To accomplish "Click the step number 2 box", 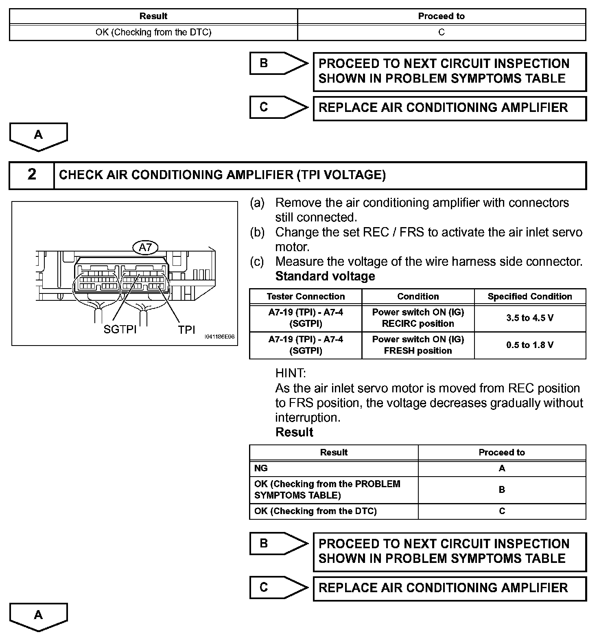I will tap(32, 175).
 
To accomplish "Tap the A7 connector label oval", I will tap(145, 247).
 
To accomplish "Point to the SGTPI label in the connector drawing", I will tap(120, 329).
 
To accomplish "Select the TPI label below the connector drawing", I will tap(186, 329).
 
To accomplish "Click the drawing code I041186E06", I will tap(220, 337).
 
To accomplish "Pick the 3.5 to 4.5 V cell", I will tap(530, 318).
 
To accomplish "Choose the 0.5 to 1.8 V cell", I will tap(530, 345).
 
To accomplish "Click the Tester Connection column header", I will tap(306, 296).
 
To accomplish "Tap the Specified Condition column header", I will tap(530, 296).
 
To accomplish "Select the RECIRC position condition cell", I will tap(418, 318).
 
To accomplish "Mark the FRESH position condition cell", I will tap(418, 345).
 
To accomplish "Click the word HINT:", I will tap(291, 373).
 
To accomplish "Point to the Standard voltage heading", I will tap(325, 276).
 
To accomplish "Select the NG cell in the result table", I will tap(334, 468).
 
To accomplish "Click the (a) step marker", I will tap(257, 203).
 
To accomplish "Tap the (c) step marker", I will tap(257, 261).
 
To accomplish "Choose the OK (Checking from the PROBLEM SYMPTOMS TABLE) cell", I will tap(334, 490).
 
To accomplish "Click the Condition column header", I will tap(418, 296).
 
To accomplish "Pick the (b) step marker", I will tap(257, 232).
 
